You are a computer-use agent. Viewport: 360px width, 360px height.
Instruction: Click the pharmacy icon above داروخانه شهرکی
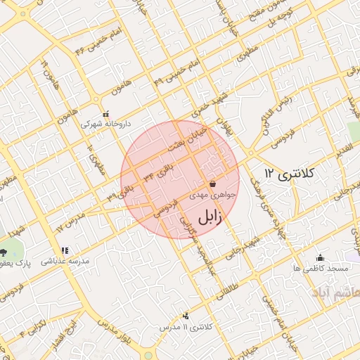105,114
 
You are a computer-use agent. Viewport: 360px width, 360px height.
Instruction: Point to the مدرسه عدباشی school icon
64,250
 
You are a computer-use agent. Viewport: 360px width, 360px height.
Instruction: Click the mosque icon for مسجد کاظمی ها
321,257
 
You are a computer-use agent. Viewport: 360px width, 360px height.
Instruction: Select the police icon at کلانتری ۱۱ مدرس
186,316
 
